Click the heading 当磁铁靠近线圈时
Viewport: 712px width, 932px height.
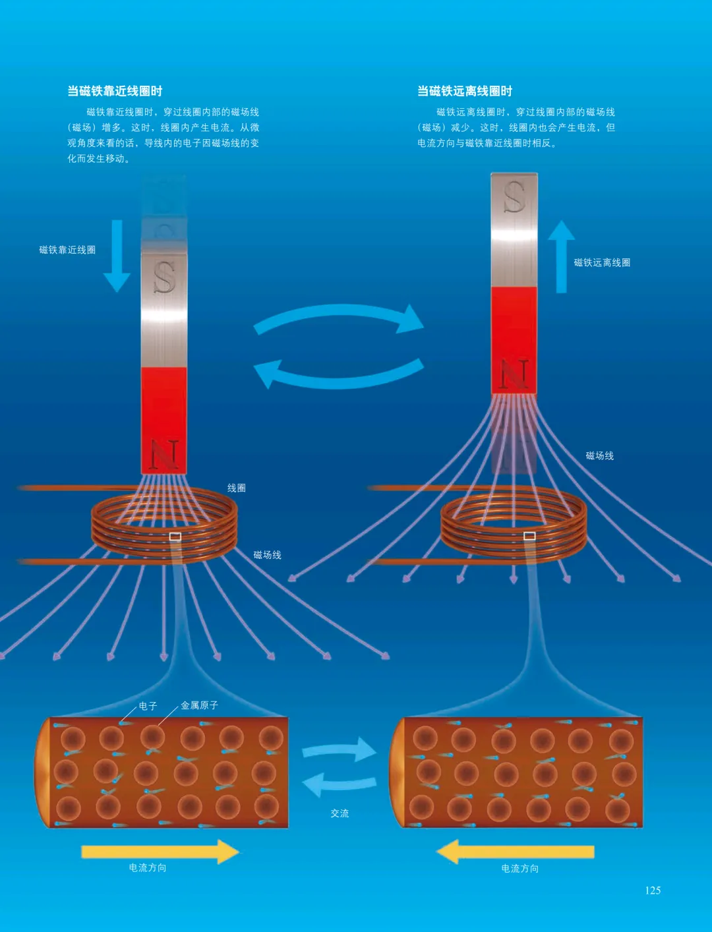pos(115,91)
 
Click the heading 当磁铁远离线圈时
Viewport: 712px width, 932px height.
pos(465,91)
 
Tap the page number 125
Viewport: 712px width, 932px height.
pos(653,890)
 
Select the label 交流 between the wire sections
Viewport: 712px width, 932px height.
pos(340,813)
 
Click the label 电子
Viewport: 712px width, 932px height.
pos(148,706)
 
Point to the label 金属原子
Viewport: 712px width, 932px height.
pos(200,705)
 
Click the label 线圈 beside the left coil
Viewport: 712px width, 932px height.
pos(237,488)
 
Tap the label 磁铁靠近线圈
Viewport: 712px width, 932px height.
pos(67,250)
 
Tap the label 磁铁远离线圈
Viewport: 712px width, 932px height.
pos(602,262)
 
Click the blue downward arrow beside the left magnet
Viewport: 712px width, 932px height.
pos(117,256)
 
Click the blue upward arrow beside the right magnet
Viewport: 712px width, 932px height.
pos(561,256)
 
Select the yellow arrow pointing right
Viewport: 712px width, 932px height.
pos(160,852)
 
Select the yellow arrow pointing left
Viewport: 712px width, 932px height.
pos(516,852)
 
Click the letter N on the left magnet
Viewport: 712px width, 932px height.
pos(164,454)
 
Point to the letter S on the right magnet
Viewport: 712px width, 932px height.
pos(514,196)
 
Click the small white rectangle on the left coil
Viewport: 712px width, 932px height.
pos(175,537)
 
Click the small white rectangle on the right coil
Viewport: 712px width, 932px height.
pos(529,536)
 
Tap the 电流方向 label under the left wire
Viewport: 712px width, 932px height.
pos(148,868)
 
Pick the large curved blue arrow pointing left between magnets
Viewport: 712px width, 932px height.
pos(339,374)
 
